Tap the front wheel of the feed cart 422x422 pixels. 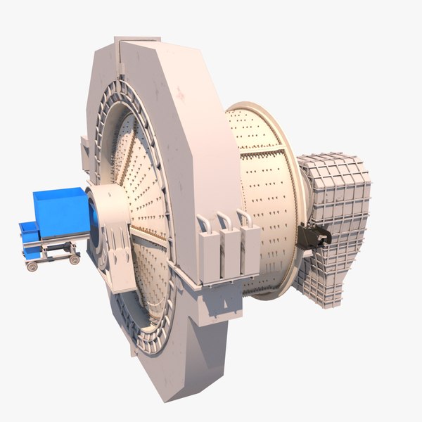pos(32,265)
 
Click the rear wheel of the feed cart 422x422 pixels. pos(74,259)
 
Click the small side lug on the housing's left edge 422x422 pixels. pos(85,148)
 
